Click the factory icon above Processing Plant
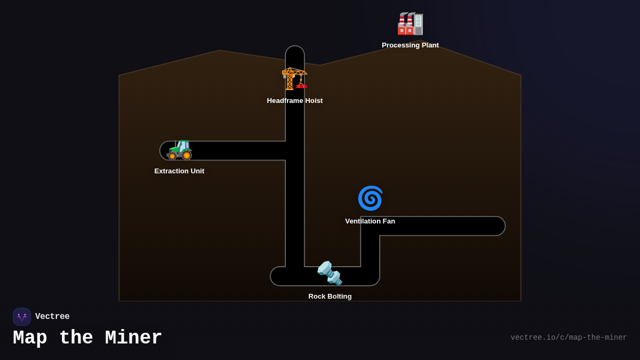coord(410,23)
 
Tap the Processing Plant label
coord(410,45)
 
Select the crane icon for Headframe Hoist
coord(294,78)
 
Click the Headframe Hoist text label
coord(294,101)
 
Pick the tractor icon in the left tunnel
coord(179,149)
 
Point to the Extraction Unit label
coord(179,171)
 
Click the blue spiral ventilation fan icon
coord(370,198)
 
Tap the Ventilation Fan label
coord(370,221)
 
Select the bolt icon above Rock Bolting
coord(330,273)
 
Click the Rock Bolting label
coord(330,297)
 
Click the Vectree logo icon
coord(22,317)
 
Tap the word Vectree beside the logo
coord(52,317)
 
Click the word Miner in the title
coord(133,338)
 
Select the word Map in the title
coord(30,338)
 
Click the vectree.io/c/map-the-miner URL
coord(569,338)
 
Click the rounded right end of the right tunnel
coord(500,226)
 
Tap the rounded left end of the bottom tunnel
coord(275,276)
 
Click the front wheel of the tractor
coord(172,156)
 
